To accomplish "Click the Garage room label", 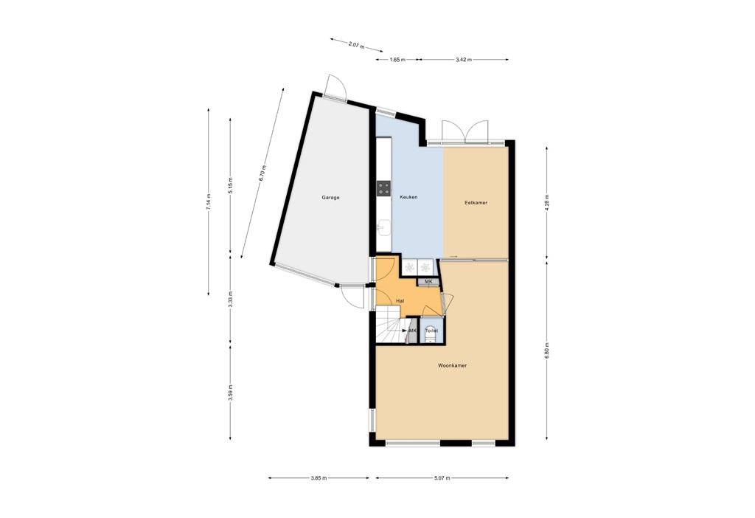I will coord(330,198).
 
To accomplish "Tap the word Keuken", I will coord(408,198).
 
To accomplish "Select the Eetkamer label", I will coord(476,202).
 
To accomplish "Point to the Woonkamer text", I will coord(452,365).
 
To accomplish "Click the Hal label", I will coord(400,301).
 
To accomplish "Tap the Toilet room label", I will coord(431,331).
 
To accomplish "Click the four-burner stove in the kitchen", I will coord(383,189).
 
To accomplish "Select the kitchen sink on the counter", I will coord(383,227).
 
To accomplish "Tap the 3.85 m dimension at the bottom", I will coord(318,478).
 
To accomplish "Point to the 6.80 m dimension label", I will coord(546,348).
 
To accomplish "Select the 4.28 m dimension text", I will coord(546,201).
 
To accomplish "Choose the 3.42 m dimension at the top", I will coord(465,59).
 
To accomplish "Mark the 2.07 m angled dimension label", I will coord(355,46).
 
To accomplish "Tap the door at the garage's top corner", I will coord(335,87).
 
